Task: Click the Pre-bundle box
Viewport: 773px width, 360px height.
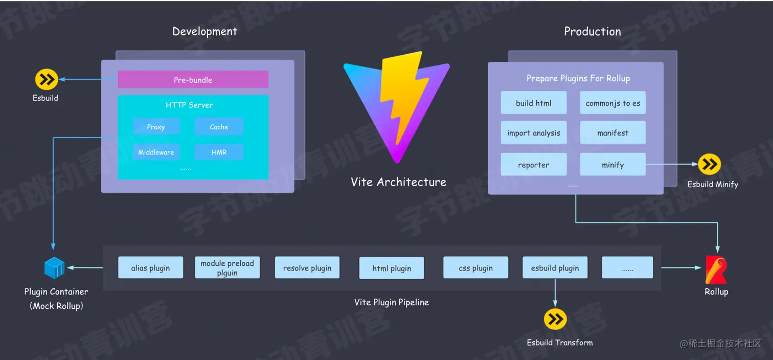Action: tap(193, 80)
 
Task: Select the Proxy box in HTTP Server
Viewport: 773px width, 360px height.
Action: tap(156, 127)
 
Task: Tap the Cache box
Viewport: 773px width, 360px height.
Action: tap(219, 127)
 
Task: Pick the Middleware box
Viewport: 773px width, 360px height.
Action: tap(156, 152)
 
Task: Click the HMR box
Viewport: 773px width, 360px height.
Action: tap(219, 152)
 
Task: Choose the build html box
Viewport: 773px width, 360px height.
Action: tap(533, 103)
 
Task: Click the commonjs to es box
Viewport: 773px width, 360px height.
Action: tap(612, 103)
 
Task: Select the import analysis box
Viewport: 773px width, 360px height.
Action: tap(533, 133)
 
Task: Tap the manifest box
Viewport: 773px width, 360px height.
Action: tap(612, 133)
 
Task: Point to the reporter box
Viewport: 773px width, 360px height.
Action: tap(533, 165)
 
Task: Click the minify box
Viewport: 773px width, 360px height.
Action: tap(612, 165)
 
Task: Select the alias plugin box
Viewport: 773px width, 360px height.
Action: tap(150, 268)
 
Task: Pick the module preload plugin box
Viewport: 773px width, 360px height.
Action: tap(227, 268)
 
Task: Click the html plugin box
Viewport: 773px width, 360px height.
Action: tap(391, 268)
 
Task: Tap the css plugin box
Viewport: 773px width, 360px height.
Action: tap(475, 268)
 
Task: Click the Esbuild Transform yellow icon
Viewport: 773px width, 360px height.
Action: tap(555, 320)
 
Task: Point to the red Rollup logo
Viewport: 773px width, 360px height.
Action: tap(716, 269)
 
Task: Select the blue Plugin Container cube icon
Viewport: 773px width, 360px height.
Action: tap(54, 267)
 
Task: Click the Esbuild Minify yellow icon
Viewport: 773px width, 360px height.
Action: tap(710, 164)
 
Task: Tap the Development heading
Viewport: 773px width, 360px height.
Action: tap(204, 32)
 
